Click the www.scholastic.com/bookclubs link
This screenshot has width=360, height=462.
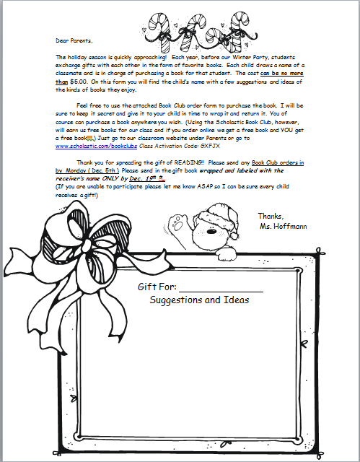pyautogui.click(x=96, y=145)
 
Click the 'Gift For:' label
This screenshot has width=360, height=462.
pyautogui.click(x=157, y=287)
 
